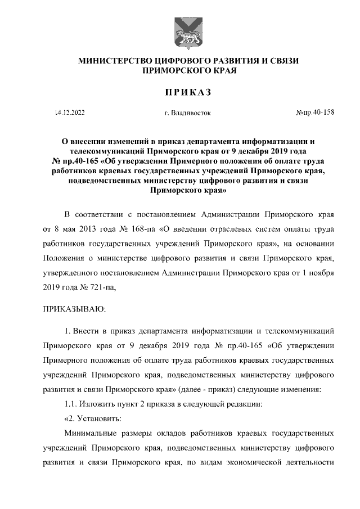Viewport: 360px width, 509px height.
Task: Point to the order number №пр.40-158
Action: pyautogui.click(x=315, y=112)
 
